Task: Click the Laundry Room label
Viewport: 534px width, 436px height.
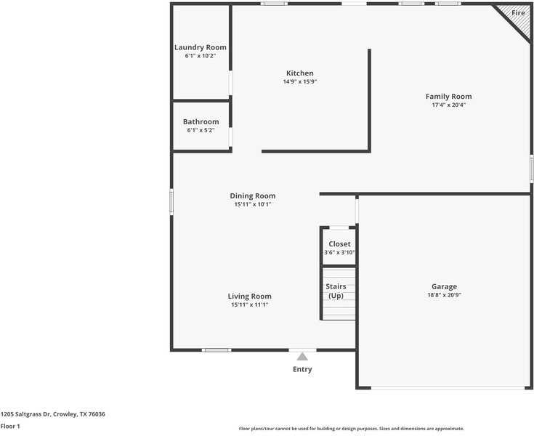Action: pos(201,47)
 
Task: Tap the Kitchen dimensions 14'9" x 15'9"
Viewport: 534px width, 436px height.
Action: pos(300,82)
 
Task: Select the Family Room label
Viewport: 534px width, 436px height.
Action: pos(448,96)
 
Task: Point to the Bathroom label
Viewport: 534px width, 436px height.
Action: pos(201,121)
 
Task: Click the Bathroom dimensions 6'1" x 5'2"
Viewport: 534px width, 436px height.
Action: pos(201,131)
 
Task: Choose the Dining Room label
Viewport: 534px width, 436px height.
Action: pos(253,195)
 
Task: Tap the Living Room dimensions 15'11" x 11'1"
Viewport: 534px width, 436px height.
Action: pos(250,305)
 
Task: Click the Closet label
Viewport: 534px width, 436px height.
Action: pos(339,244)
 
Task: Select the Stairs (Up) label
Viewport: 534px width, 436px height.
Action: pos(336,291)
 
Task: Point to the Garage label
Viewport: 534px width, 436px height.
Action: pos(444,286)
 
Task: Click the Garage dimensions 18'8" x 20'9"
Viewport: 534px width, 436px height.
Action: pos(444,296)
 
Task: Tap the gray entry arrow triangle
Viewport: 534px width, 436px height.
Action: pos(302,356)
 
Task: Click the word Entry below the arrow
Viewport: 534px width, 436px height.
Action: pos(302,369)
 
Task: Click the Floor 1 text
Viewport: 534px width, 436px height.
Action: pos(10,426)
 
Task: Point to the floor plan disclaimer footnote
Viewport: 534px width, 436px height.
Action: pos(351,429)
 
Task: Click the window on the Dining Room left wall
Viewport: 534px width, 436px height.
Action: pos(171,202)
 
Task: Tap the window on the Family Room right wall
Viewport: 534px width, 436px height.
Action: pos(531,168)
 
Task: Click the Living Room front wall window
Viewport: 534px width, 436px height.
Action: pos(217,350)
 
